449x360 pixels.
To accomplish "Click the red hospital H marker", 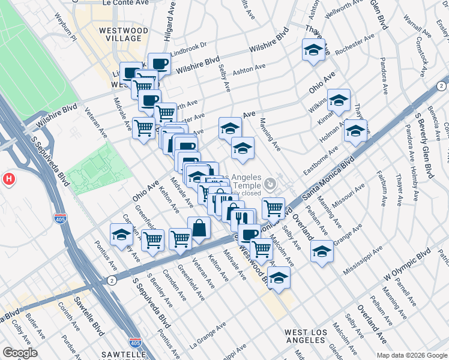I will pos(9,178).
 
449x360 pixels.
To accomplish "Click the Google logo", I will pos(20,353).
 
